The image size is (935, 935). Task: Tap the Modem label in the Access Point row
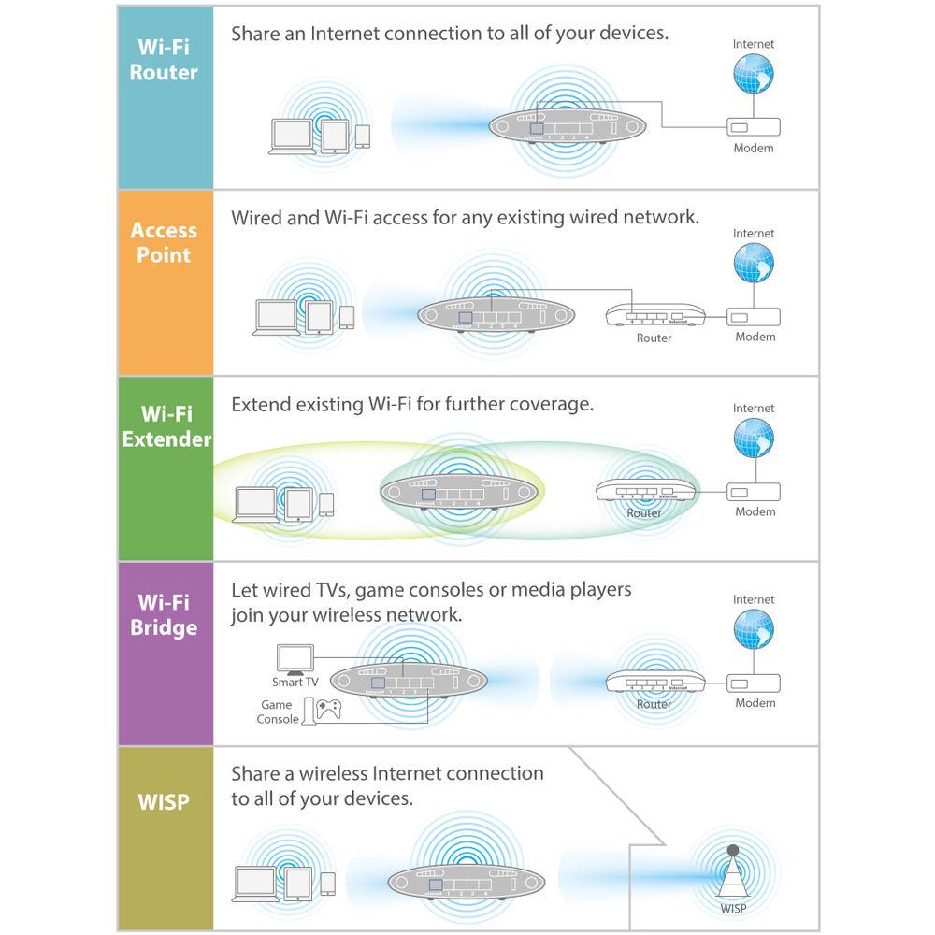point(754,337)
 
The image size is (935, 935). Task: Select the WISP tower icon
point(732,873)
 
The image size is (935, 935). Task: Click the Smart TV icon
point(295,658)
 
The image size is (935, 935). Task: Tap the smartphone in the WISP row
point(327,884)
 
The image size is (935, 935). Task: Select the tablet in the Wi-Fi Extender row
point(298,506)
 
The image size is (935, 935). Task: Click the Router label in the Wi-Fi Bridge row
point(654,704)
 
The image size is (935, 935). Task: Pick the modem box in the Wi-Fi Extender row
point(754,492)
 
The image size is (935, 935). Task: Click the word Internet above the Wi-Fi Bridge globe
point(754,599)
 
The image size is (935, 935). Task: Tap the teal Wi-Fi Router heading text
point(165,59)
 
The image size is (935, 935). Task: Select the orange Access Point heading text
point(165,242)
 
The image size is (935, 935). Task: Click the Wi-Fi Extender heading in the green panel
point(166,425)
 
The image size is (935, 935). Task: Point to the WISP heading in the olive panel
point(164,801)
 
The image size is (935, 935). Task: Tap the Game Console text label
point(277,712)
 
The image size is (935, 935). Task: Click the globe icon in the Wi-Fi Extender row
point(754,439)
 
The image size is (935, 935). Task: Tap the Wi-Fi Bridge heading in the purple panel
point(165,614)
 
